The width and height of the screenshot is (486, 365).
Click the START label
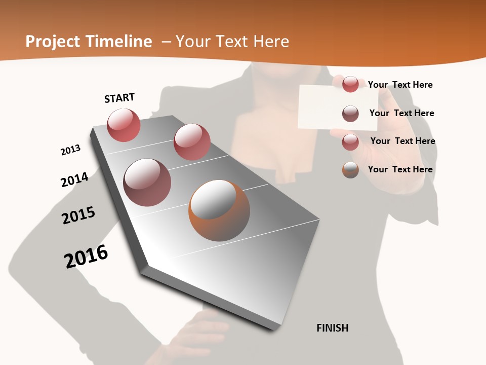pyautogui.click(x=119, y=98)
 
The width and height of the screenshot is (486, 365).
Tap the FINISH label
pyautogui.click(x=333, y=328)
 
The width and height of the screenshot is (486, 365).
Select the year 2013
pyautogui.click(x=70, y=150)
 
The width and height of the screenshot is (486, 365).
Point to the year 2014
pyautogui.click(x=74, y=179)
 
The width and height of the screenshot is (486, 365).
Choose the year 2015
pyautogui.click(x=78, y=215)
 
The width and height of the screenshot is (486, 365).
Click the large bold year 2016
pyautogui.click(x=86, y=256)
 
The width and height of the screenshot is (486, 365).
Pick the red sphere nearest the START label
pyautogui.click(x=124, y=125)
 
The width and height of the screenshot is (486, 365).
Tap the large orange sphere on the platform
pyautogui.click(x=219, y=210)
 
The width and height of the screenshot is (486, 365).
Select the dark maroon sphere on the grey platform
pyautogui.click(x=147, y=182)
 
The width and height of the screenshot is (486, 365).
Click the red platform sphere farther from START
pyautogui.click(x=192, y=142)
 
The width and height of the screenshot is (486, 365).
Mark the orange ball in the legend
pyautogui.click(x=350, y=170)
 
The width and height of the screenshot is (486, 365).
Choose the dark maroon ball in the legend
pyautogui.click(x=350, y=114)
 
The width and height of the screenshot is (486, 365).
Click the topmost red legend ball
pyautogui.click(x=350, y=84)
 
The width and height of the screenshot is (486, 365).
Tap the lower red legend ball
pyautogui.click(x=350, y=142)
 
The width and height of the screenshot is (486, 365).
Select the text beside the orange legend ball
pyautogui.click(x=400, y=169)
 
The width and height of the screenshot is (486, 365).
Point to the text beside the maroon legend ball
pyautogui.click(x=402, y=113)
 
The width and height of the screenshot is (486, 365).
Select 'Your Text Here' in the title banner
pyautogui.click(x=232, y=42)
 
